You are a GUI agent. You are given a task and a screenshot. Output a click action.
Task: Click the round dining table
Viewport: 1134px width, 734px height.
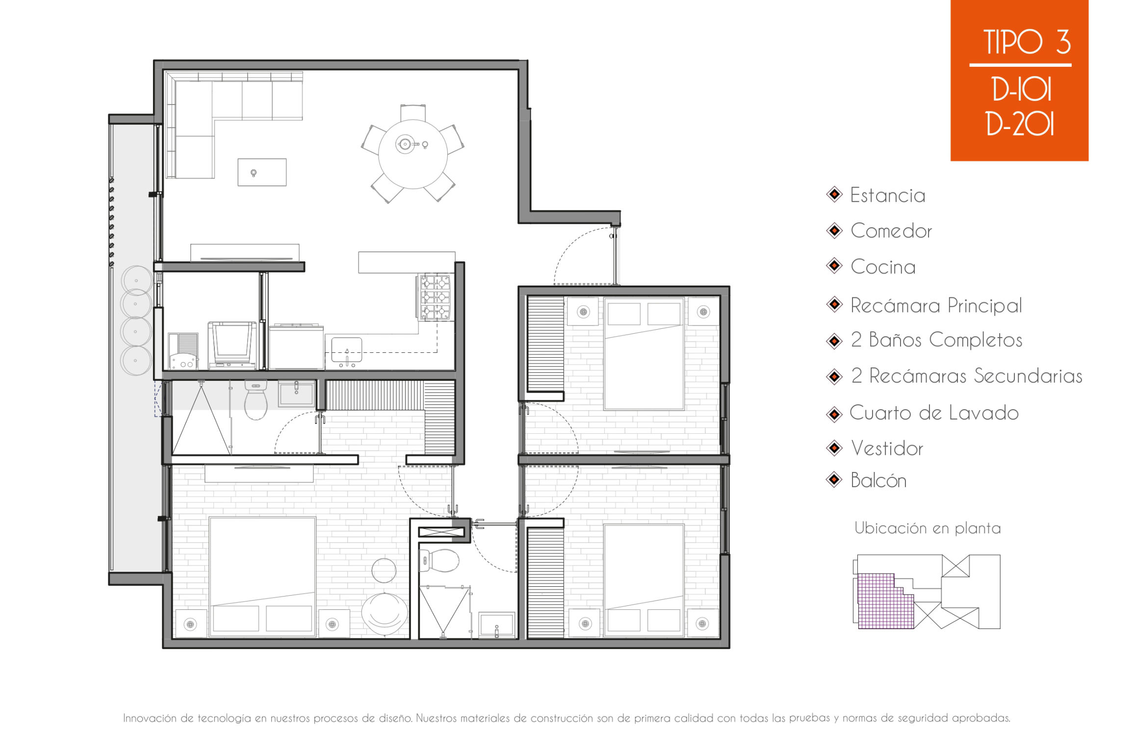pyautogui.click(x=412, y=154)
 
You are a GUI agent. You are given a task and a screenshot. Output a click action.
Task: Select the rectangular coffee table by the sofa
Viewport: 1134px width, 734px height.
pyautogui.click(x=262, y=172)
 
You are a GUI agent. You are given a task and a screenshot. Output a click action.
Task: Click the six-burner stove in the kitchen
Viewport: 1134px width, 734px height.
pyautogui.click(x=436, y=297)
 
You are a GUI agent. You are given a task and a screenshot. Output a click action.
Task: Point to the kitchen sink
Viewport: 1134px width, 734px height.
pyautogui.click(x=346, y=350)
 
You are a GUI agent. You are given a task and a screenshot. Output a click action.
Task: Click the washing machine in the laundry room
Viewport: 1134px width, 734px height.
pyautogui.click(x=232, y=345)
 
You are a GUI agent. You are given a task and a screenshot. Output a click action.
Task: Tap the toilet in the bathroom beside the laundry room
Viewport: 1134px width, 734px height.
pyautogui.click(x=256, y=399)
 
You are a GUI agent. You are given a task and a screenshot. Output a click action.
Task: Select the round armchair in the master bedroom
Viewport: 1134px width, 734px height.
pyautogui.click(x=385, y=613)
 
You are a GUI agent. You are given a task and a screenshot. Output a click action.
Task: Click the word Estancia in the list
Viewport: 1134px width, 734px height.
pyautogui.click(x=887, y=195)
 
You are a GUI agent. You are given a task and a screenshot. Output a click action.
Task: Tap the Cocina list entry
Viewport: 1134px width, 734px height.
pyautogui.click(x=883, y=267)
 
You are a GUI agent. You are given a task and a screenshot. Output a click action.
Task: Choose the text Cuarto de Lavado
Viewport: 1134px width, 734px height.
pyautogui.click(x=934, y=413)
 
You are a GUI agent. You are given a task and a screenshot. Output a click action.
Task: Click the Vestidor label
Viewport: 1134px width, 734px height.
pyautogui.click(x=887, y=448)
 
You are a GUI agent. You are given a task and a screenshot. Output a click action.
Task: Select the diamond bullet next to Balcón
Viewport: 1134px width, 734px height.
pyautogui.click(x=834, y=479)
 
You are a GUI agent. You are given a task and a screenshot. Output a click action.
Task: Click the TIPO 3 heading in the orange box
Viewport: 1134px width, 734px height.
pyautogui.click(x=1027, y=42)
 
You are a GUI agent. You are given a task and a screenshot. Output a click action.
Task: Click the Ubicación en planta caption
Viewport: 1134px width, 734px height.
pyautogui.click(x=927, y=528)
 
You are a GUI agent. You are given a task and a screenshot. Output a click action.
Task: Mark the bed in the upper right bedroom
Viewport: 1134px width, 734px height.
pyautogui.click(x=644, y=354)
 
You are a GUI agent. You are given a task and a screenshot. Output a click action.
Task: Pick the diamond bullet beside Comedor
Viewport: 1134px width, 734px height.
pyautogui.click(x=834, y=230)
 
